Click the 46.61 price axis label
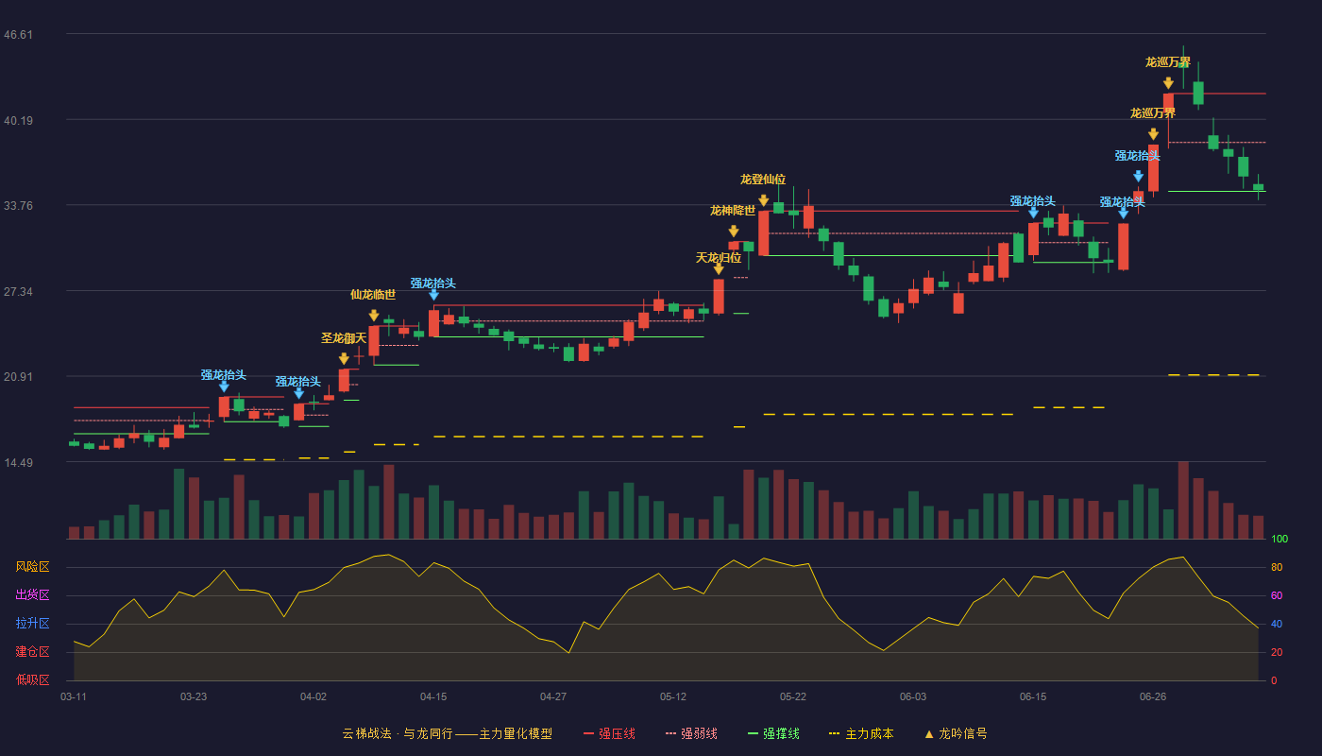click(18, 35)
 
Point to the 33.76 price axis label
click(18, 206)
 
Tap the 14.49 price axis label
click(18, 462)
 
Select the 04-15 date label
click(433, 697)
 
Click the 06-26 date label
click(1153, 697)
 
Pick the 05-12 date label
click(672, 697)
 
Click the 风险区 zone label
click(32, 567)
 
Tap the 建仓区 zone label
click(32, 651)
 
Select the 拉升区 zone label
click(32, 623)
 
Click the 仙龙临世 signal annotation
click(373, 295)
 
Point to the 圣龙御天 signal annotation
click(344, 338)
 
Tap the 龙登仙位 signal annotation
click(763, 179)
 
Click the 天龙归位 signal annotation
click(719, 257)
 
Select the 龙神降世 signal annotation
click(733, 210)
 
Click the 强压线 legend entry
click(609, 733)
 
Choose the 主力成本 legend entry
click(861, 733)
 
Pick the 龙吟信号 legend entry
click(956, 733)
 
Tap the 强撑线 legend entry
click(773, 733)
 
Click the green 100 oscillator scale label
click(1280, 539)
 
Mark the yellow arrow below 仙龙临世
click(374, 315)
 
